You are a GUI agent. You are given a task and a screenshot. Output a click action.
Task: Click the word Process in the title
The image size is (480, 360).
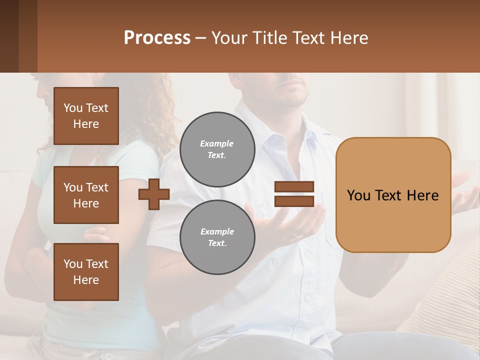point(157,38)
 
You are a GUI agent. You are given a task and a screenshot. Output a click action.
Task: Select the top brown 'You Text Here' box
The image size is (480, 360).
point(86,116)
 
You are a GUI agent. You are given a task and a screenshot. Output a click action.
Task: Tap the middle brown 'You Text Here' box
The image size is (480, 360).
point(86,195)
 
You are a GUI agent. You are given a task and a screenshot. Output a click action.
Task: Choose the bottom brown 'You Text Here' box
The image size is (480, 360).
point(86,272)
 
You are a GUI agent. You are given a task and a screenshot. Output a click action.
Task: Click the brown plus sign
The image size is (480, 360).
point(154,194)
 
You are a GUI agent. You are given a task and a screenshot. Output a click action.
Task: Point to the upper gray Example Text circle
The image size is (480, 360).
point(217,149)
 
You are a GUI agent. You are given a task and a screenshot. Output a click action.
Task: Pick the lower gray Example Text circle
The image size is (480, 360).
point(217,237)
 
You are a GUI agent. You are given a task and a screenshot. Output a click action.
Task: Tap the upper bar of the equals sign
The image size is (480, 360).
point(294,187)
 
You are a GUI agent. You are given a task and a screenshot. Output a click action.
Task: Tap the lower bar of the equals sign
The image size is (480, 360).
point(294,201)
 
